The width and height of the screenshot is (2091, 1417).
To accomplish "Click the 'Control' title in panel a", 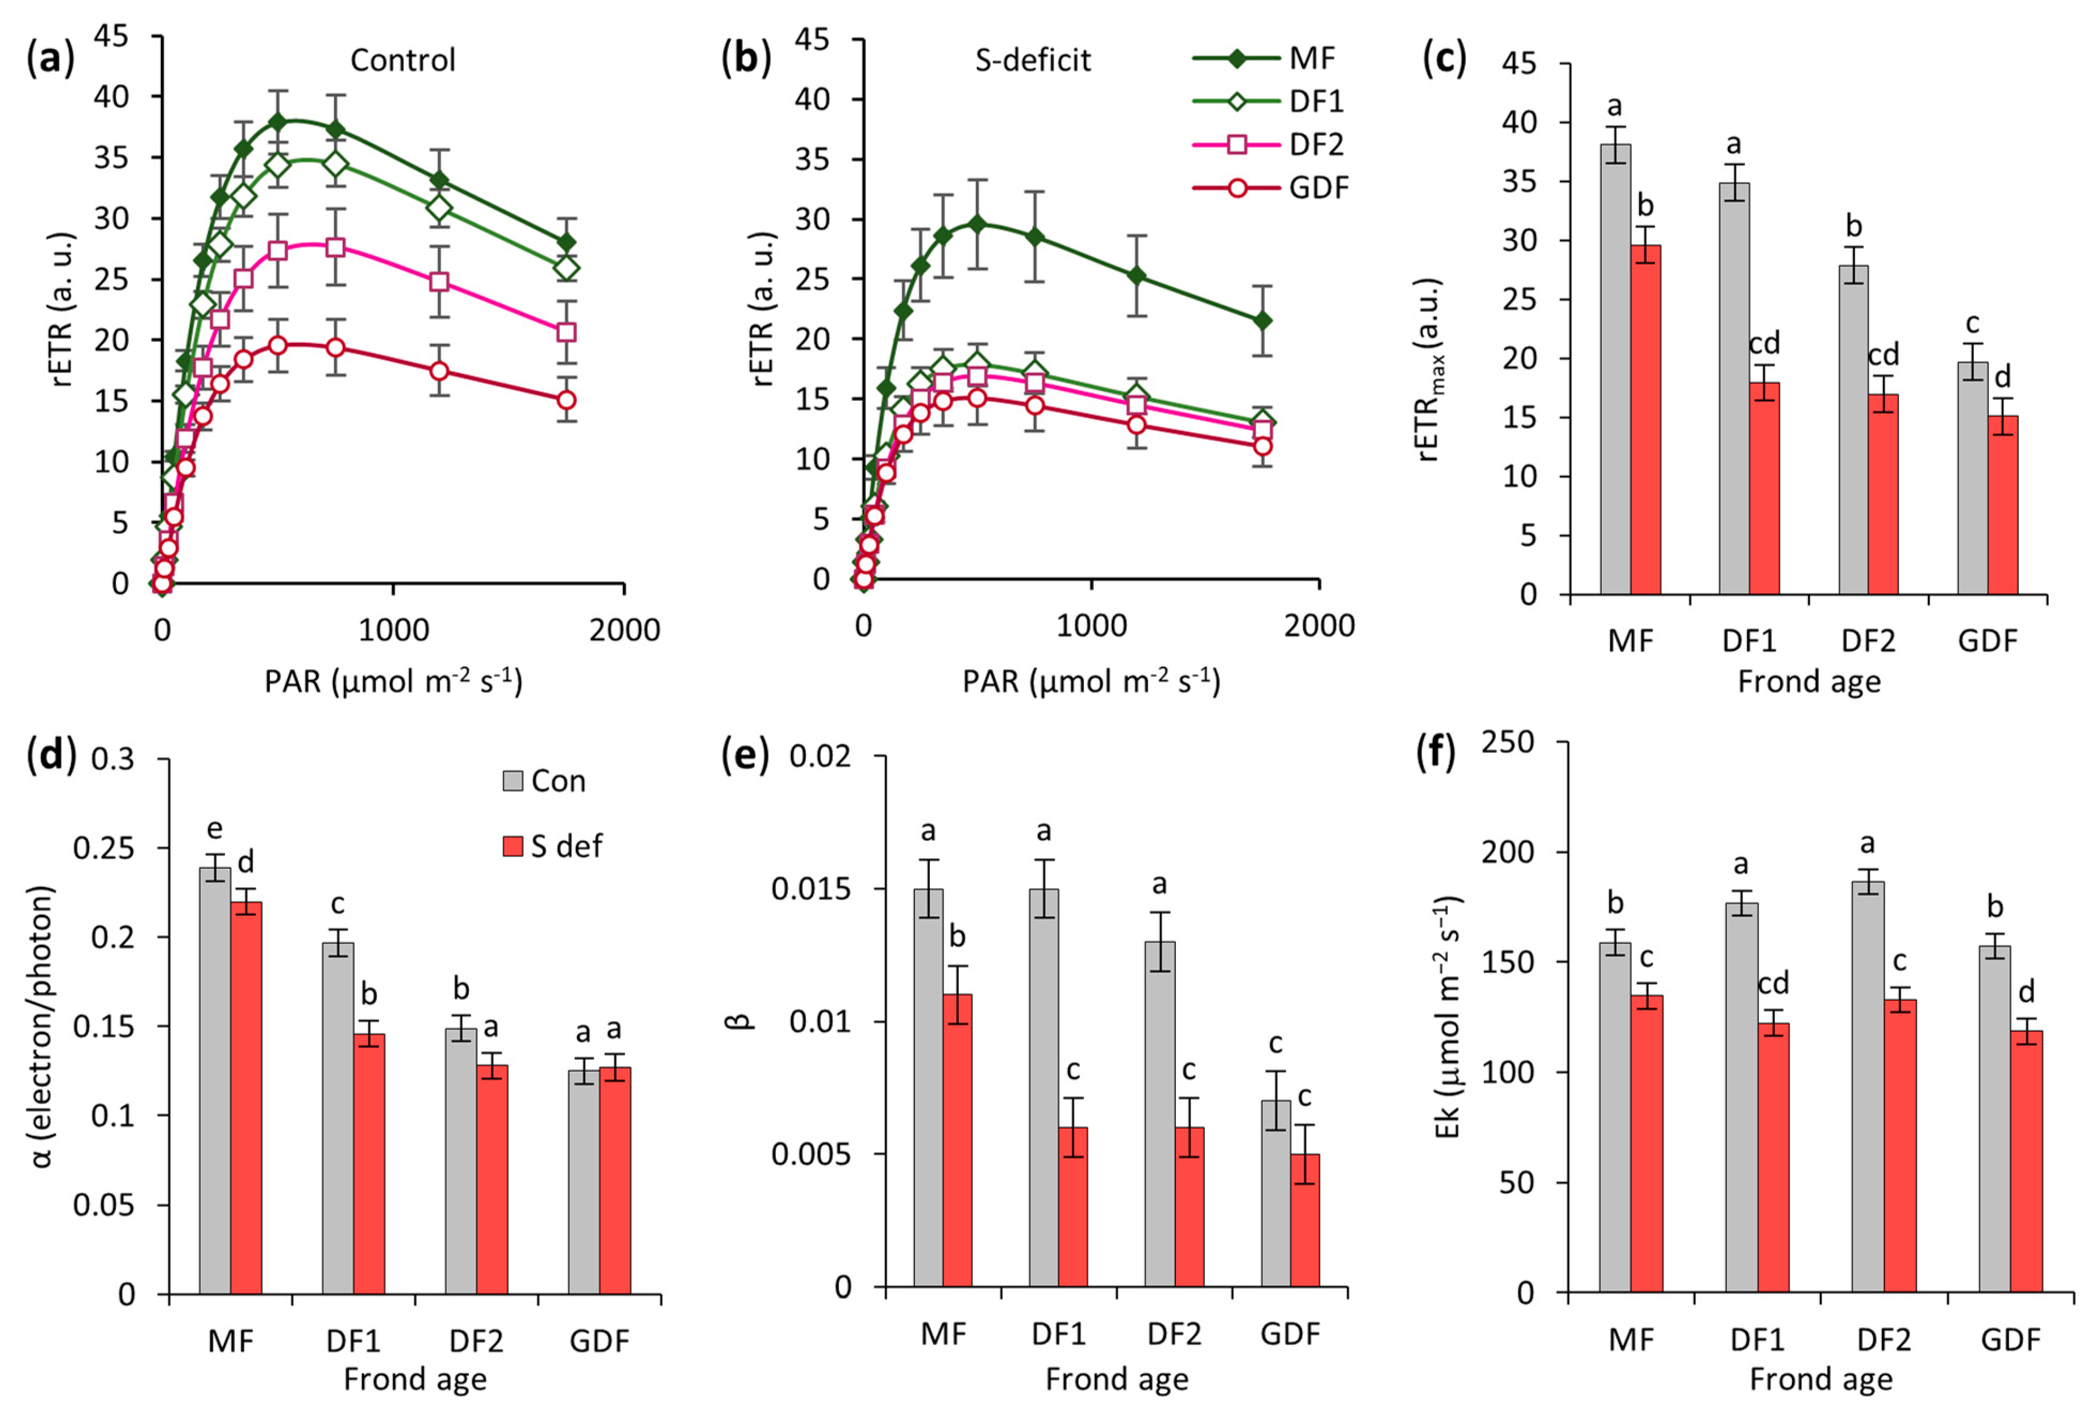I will tap(402, 60).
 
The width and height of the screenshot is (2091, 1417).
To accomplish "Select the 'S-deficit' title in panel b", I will tap(1032, 60).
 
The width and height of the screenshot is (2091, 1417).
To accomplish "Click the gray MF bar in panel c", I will tap(1615, 369).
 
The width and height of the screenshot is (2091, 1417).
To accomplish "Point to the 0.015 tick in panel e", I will tap(810, 889).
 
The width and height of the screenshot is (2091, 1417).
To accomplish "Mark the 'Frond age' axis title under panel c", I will tap(1809, 682).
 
